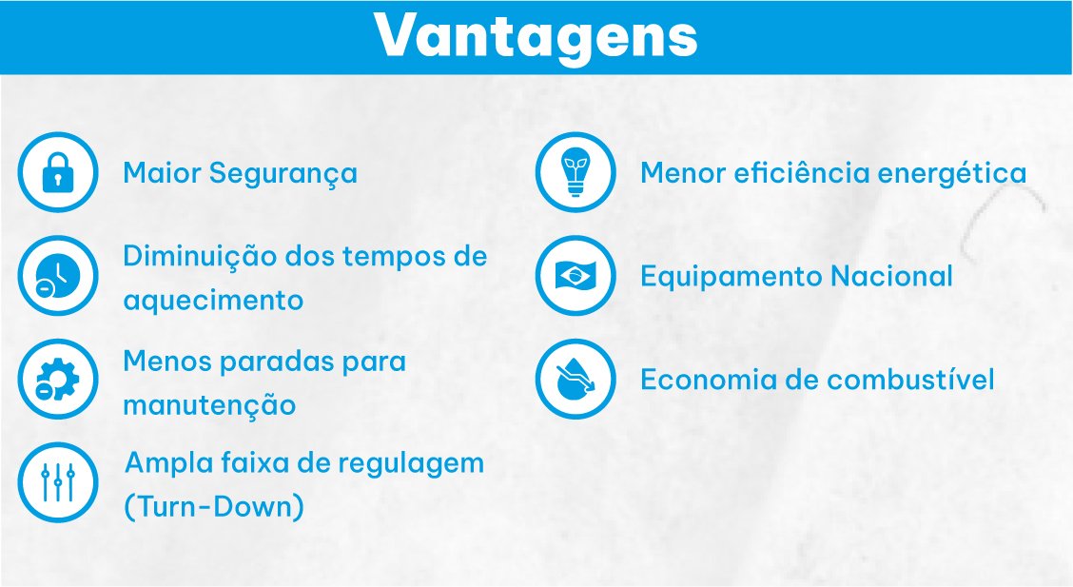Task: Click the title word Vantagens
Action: point(536,35)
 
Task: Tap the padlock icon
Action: point(58,172)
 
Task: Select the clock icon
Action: point(58,276)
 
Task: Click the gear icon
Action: point(58,379)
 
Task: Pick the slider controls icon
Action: point(58,482)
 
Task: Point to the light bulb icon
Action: point(576,172)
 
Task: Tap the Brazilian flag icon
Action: point(576,276)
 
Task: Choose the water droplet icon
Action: point(576,379)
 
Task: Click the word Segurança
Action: point(283,174)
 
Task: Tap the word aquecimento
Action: point(213,301)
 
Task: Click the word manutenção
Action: point(209,405)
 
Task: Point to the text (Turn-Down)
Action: point(214,507)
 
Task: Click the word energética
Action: point(952,174)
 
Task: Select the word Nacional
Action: point(891,277)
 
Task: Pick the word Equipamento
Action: point(732,278)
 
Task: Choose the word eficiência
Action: point(802,172)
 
